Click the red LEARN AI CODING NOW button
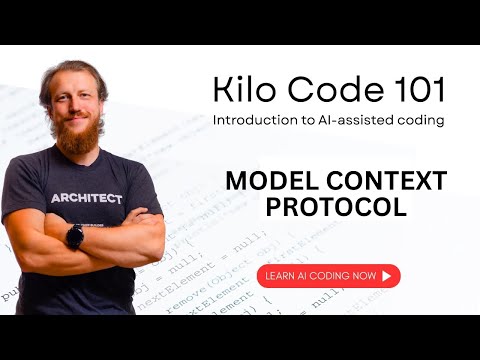[328, 275]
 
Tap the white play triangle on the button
[386, 275]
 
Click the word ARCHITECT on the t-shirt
[87, 198]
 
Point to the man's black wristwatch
[75, 237]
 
